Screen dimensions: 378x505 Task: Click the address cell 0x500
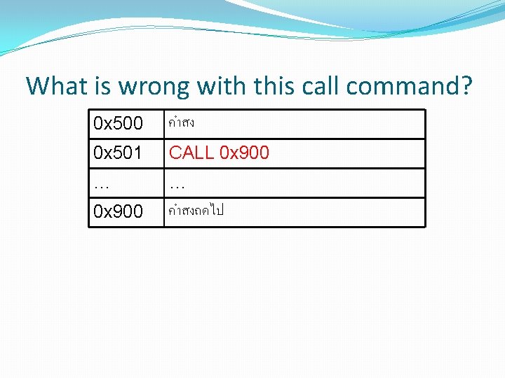coord(118,124)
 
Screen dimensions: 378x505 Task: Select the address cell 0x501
coord(118,153)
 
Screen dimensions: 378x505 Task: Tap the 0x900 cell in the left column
coord(118,211)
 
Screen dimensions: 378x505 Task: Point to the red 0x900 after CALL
coord(244,153)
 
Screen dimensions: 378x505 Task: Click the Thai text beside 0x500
coord(182,123)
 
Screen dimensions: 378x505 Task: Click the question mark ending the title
coord(466,87)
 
